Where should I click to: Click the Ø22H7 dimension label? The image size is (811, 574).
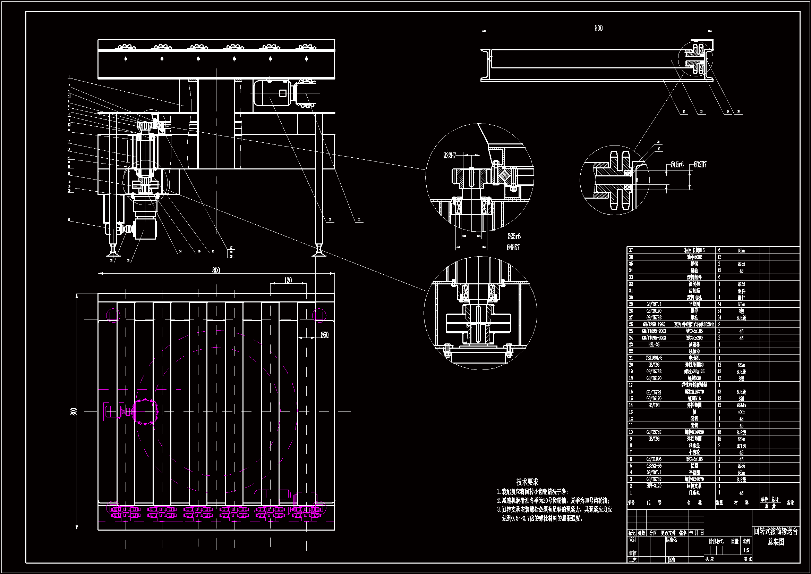450,156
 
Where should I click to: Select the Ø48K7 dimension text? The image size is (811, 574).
513,248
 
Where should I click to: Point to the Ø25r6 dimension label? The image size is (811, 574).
514,236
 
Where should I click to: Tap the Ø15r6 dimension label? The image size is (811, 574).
677,165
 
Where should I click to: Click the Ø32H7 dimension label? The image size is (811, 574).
700,165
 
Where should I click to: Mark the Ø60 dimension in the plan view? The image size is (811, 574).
324,334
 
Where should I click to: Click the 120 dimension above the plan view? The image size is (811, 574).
288,281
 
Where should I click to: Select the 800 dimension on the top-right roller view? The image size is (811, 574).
598,28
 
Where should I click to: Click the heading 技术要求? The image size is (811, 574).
527,482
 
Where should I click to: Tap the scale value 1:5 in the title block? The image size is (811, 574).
746,550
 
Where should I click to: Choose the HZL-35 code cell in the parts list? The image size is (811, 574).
654,344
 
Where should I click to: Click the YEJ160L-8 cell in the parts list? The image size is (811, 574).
654,358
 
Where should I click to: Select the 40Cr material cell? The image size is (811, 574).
741,412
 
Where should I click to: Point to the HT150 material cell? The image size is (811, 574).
741,446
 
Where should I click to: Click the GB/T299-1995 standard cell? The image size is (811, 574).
654,324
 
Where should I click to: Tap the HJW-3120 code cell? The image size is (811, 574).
654,486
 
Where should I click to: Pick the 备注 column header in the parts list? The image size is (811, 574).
791,502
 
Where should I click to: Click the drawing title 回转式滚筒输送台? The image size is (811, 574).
776,531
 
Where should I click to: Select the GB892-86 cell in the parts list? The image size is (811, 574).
654,466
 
